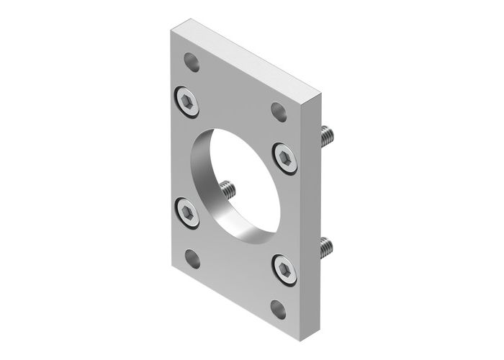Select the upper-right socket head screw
tap(285, 156)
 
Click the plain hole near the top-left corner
tap(192, 63)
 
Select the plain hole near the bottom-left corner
tap(193, 258)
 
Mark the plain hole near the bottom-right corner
tap(280, 309)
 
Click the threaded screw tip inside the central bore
tap(229, 191)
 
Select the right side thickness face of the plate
tap(318, 216)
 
